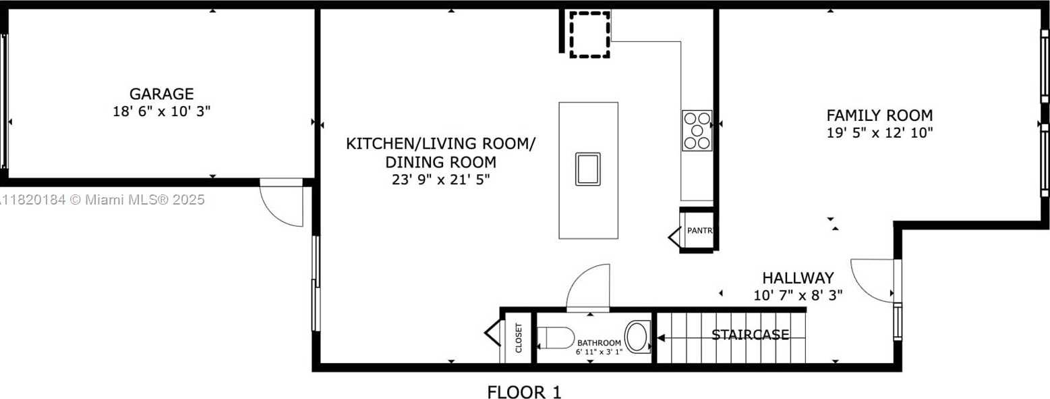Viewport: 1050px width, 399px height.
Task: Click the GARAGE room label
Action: click(x=161, y=94)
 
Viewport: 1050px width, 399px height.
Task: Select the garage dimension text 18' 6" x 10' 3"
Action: click(x=161, y=111)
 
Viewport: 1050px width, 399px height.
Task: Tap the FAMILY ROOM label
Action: click(x=879, y=115)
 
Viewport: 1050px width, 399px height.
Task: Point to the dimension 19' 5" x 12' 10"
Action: click(x=879, y=132)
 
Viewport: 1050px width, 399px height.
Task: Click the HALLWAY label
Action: click(x=798, y=278)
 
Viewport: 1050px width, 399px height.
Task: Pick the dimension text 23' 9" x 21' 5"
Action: click(x=440, y=180)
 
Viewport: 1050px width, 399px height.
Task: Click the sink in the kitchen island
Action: click(x=588, y=169)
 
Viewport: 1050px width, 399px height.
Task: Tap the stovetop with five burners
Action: click(x=697, y=130)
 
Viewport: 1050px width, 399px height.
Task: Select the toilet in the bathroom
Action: click(x=556, y=338)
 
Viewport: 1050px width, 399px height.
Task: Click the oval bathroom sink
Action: click(x=637, y=337)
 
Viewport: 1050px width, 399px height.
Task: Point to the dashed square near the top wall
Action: click(x=589, y=34)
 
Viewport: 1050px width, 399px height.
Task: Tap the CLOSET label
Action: click(x=519, y=338)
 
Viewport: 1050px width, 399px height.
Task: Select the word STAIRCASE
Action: click(x=750, y=335)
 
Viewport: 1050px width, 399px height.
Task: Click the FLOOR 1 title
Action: click(x=524, y=392)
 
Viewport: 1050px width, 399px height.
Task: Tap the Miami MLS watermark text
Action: click(x=103, y=200)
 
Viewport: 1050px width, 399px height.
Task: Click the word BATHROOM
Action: click(x=599, y=343)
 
